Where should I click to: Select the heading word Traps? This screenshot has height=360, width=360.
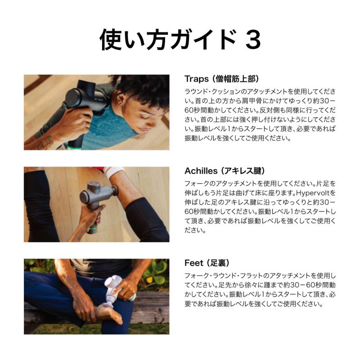click(197, 79)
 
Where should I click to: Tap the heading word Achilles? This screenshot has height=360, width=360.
click(201, 171)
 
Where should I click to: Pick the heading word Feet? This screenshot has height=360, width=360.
click(194, 263)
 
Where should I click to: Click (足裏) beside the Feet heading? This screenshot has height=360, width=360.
click(218, 263)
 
